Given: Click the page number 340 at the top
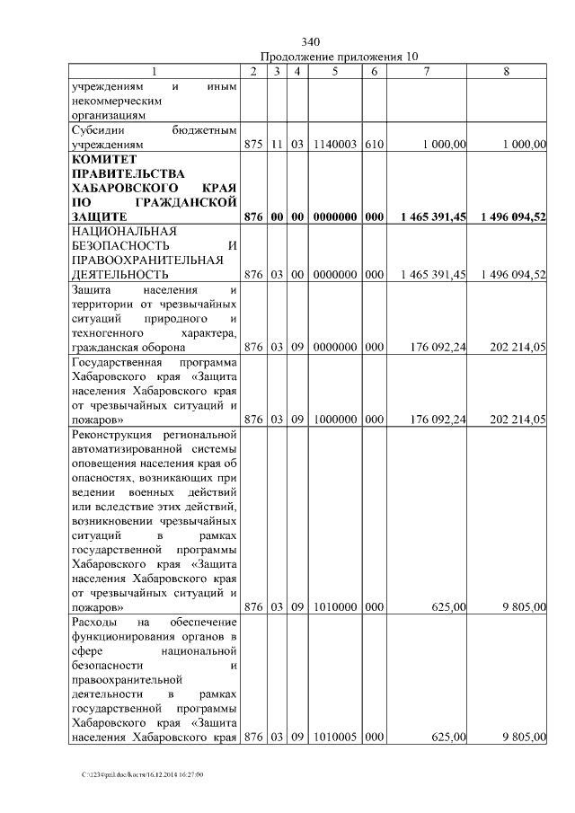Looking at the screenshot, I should (x=311, y=42).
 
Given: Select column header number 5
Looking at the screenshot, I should (x=333, y=72).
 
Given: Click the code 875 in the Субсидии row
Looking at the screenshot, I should (x=254, y=144).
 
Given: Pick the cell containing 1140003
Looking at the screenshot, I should (x=333, y=144).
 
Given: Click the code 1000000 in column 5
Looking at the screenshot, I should (x=333, y=420).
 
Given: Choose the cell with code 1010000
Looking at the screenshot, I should (x=333, y=608).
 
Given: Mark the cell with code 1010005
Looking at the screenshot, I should (x=333, y=738).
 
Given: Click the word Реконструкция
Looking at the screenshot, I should (x=113, y=436).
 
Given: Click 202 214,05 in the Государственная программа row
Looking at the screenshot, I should (x=517, y=420).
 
